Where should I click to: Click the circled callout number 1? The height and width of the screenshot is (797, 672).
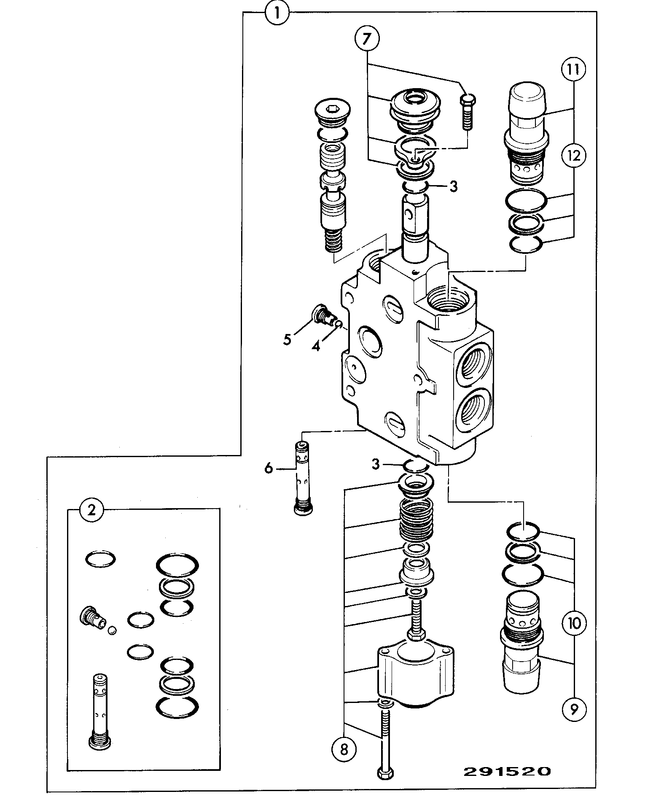click(277, 12)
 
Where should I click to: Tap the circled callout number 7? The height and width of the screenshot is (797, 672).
click(367, 39)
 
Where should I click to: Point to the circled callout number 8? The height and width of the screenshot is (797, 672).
click(344, 749)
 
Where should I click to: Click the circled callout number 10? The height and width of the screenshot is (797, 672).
click(574, 623)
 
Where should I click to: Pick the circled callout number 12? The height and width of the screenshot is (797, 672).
click(573, 156)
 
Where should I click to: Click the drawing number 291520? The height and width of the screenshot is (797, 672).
click(507, 771)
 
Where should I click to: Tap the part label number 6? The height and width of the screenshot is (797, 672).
click(269, 468)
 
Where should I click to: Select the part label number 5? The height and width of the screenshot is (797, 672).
click(287, 339)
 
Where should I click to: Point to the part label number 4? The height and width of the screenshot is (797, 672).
click(316, 346)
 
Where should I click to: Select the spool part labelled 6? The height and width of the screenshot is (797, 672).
click(303, 478)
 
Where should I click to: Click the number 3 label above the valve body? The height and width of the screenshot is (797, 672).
click(453, 186)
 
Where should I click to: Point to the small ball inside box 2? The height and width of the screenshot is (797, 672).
click(112, 630)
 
